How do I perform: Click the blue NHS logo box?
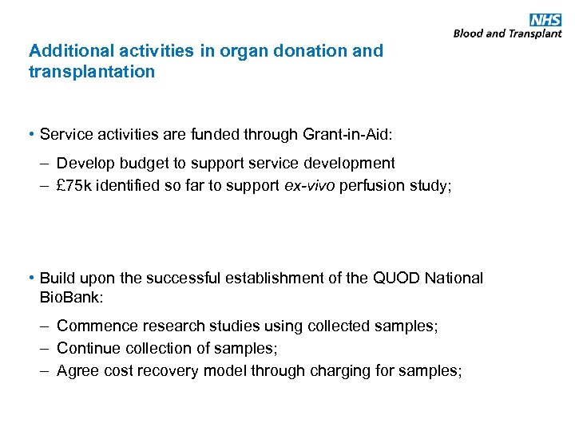click(545, 20)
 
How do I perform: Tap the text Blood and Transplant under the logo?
click(507, 34)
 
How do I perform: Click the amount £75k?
click(76, 185)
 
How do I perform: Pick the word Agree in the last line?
click(77, 371)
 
